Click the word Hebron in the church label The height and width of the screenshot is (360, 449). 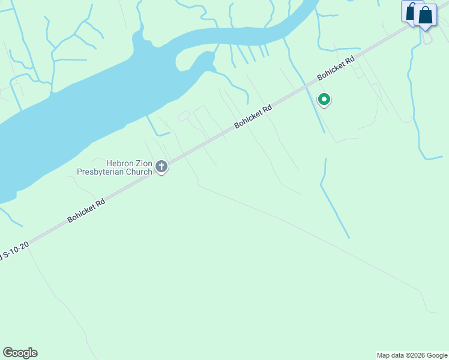pos(118,163)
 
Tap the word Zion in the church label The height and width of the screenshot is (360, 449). pos(142,163)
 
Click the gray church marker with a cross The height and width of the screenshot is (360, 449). pos(161,167)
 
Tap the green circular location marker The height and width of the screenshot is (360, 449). pos(324,100)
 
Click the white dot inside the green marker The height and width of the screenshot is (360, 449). pos(324,99)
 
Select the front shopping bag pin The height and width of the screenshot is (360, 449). pos(426,16)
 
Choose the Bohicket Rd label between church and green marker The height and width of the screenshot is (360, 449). pos(253,116)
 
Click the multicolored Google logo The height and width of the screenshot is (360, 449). pos(20,353)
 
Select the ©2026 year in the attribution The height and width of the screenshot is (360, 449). pos(415,355)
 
